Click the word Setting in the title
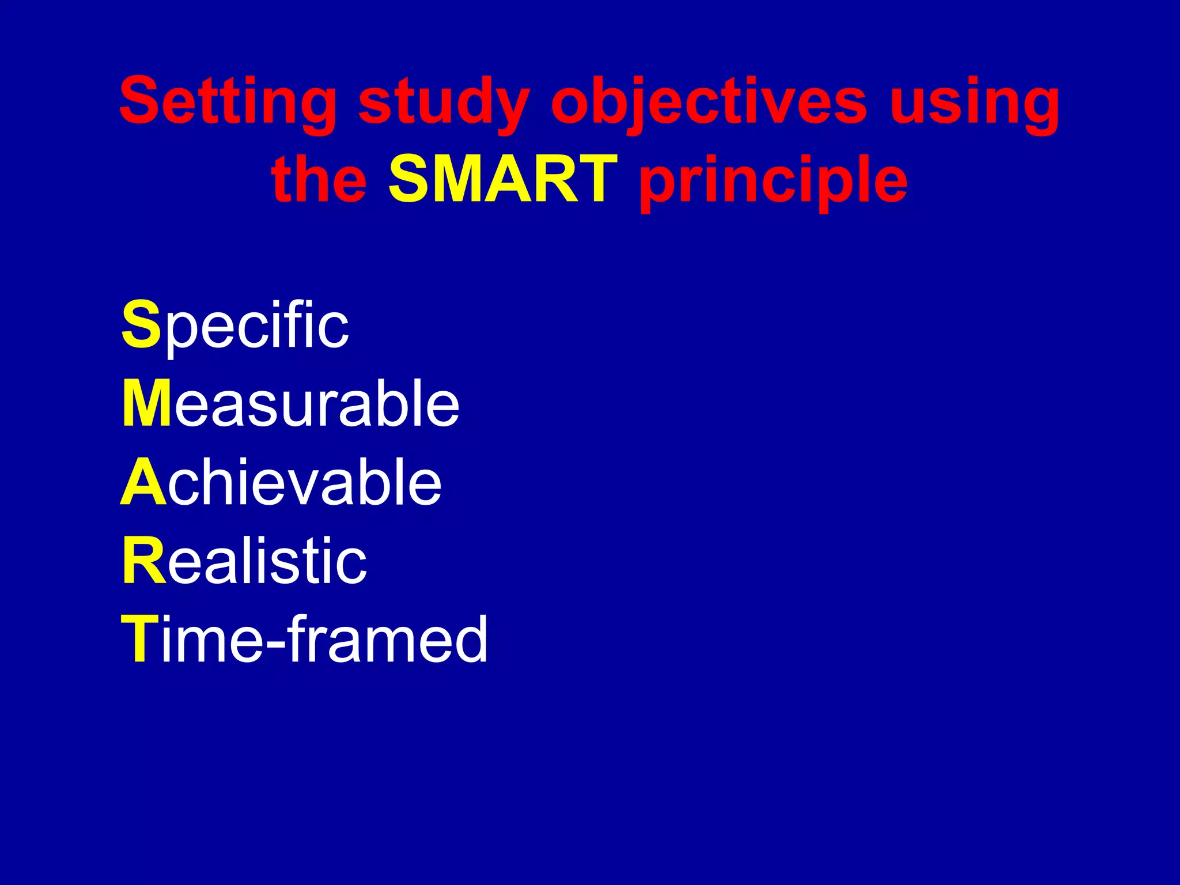pyautogui.click(x=228, y=102)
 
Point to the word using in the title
pyautogui.click(x=974, y=102)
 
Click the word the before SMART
pyautogui.click(x=319, y=180)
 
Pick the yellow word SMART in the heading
pyautogui.click(x=503, y=180)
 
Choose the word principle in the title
pyautogui.click(x=774, y=180)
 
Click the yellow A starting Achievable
pyautogui.click(x=143, y=482)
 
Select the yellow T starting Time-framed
pyautogui.click(x=140, y=639)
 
